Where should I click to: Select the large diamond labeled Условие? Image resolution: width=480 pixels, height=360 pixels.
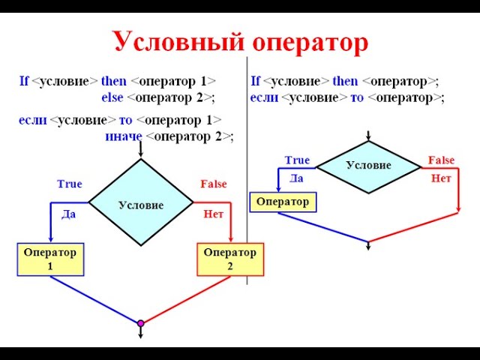[141, 203]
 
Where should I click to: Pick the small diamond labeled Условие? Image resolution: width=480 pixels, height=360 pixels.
[368, 166]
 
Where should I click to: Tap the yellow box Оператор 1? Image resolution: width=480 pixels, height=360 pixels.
[50, 259]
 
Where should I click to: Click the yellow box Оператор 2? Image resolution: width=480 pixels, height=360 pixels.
[229, 259]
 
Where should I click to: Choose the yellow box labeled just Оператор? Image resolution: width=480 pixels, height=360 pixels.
[283, 202]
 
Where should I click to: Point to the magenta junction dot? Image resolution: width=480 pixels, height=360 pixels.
[140, 323]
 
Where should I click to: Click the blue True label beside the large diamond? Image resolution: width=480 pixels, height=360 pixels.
[70, 184]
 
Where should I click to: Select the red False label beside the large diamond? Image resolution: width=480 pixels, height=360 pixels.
[213, 184]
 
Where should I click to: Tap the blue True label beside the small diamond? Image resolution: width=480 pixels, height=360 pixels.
[297, 160]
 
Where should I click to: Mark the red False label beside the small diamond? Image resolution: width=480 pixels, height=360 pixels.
[441, 160]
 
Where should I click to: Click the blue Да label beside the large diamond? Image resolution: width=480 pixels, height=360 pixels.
[68, 214]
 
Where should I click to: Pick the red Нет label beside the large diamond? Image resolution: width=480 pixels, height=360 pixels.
[214, 214]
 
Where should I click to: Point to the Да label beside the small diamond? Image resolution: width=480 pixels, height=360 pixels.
[296, 178]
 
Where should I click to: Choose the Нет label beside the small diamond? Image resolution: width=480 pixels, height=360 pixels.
[440, 178]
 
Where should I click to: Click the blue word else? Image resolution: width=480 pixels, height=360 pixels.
[112, 97]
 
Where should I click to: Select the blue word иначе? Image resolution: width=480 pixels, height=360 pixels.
[123, 136]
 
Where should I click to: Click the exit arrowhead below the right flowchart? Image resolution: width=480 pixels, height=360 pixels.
[368, 248]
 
